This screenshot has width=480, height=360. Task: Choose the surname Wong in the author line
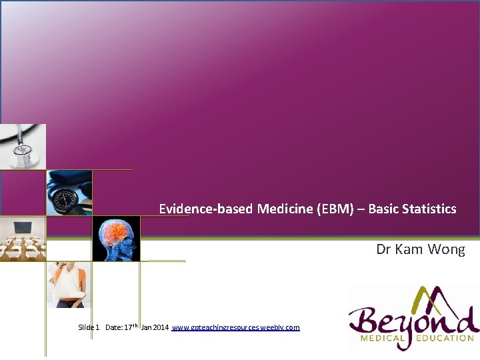pyautogui.click(x=447, y=249)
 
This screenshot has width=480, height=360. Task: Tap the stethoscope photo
pyautogui.click(x=23, y=147)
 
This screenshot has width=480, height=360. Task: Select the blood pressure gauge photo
pyautogui.click(x=69, y=193)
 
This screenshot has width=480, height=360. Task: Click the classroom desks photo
pyautogui.click(x=23, y=238)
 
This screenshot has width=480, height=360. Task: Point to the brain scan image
pyautogui.click(x=116, y=238)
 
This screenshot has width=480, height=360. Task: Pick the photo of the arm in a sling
pyautogui.click(x=69, y=285)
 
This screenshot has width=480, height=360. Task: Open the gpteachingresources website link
pyautogui.click(x=236, y=327)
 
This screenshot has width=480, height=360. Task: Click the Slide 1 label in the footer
pyautogui.click(x=89, y=327)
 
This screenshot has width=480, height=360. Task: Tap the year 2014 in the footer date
pyautogui.click(x=161, y=327)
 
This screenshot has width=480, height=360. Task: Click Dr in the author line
pyautogui.click(x=383, y=249)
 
